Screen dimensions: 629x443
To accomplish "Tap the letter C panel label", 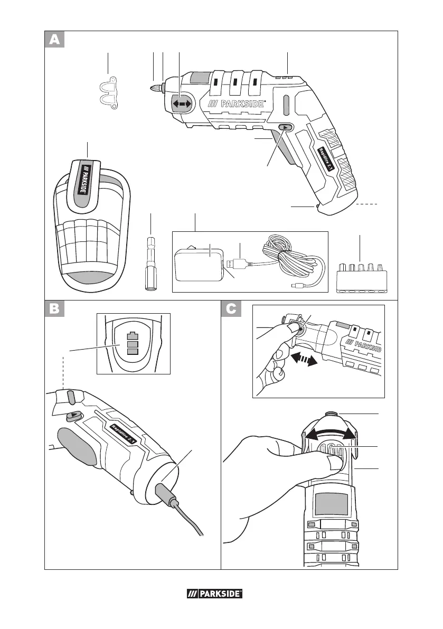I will [x=231, y=310].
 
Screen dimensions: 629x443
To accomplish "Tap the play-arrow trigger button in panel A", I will [x=285, y=127].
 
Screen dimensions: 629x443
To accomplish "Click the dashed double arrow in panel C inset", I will [x=304, y=361].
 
